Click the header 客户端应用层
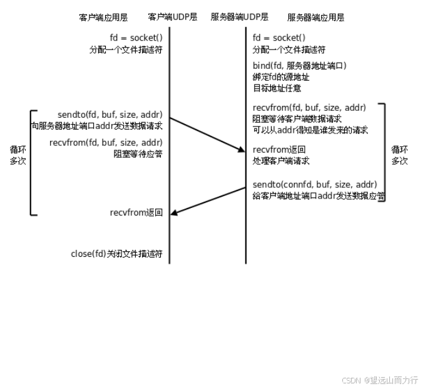pos(103,17)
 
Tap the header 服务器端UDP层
pos(240,17)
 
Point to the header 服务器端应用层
pos(315,17)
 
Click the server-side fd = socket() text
pos(280,38)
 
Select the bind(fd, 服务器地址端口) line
pos(300,66)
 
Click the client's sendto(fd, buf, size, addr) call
pos(110,115)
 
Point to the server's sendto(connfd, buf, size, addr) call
pos(315,185)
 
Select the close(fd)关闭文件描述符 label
pos(116,254)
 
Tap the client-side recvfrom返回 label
pos(136,213)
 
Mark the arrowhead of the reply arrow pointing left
pos(174,214)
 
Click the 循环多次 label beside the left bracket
pos(18,155)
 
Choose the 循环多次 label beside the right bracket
pos(400,155)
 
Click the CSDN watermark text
pos(379,380)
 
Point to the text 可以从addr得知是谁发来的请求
pos(310,130)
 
